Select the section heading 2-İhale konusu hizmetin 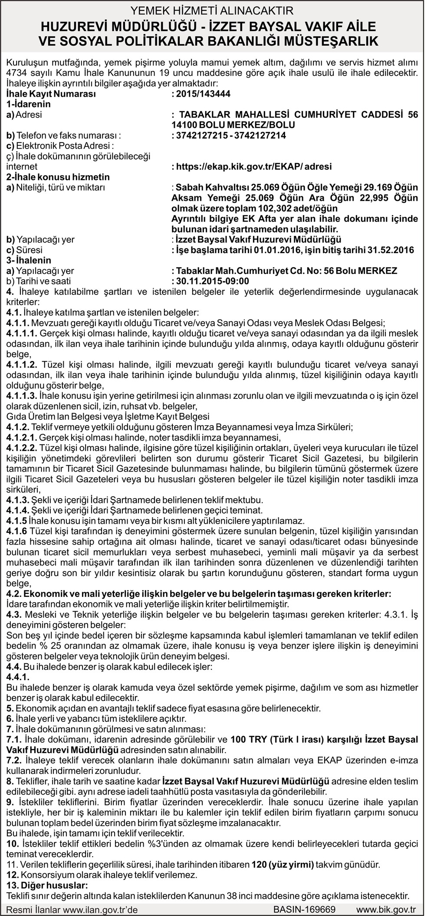(58, 177)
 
